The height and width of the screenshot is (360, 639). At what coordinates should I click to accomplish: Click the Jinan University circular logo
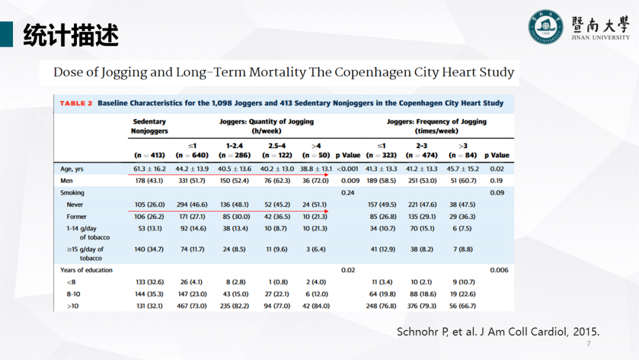click(x=546, y=27)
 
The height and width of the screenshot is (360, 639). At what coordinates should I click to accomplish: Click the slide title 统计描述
click(x=71, y=36)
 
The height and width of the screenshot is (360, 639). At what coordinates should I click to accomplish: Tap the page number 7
click(x=588, y=344)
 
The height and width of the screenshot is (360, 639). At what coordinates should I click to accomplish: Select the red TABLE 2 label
click(x=76, y=103)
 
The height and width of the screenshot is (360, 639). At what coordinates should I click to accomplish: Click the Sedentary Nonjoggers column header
click(x=149, y=126)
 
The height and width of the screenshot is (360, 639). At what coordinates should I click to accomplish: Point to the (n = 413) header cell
click(x=149, y=155)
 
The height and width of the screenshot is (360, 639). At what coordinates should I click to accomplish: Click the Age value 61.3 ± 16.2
click(x=149, y=169)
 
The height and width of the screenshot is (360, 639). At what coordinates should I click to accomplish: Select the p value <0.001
click(x=347, y=169)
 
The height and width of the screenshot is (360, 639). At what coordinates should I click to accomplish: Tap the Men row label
click(x=67, y=181)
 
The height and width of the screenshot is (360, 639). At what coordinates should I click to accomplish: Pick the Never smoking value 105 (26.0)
click(x=149, y=204)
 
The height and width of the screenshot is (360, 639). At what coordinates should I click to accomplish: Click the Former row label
click(x=77, y=217)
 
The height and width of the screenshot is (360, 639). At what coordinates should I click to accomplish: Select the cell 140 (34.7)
click(x=149, y=249)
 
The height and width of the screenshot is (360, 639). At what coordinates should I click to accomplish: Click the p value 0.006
click(x=499, y=270)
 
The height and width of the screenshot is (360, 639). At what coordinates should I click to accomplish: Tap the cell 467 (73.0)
click(x=193, y=306)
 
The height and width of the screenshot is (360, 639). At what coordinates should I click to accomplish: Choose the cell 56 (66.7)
click(x=461, y=306)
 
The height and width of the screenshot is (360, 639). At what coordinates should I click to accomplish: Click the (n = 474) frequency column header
click(x=421, y=155)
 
